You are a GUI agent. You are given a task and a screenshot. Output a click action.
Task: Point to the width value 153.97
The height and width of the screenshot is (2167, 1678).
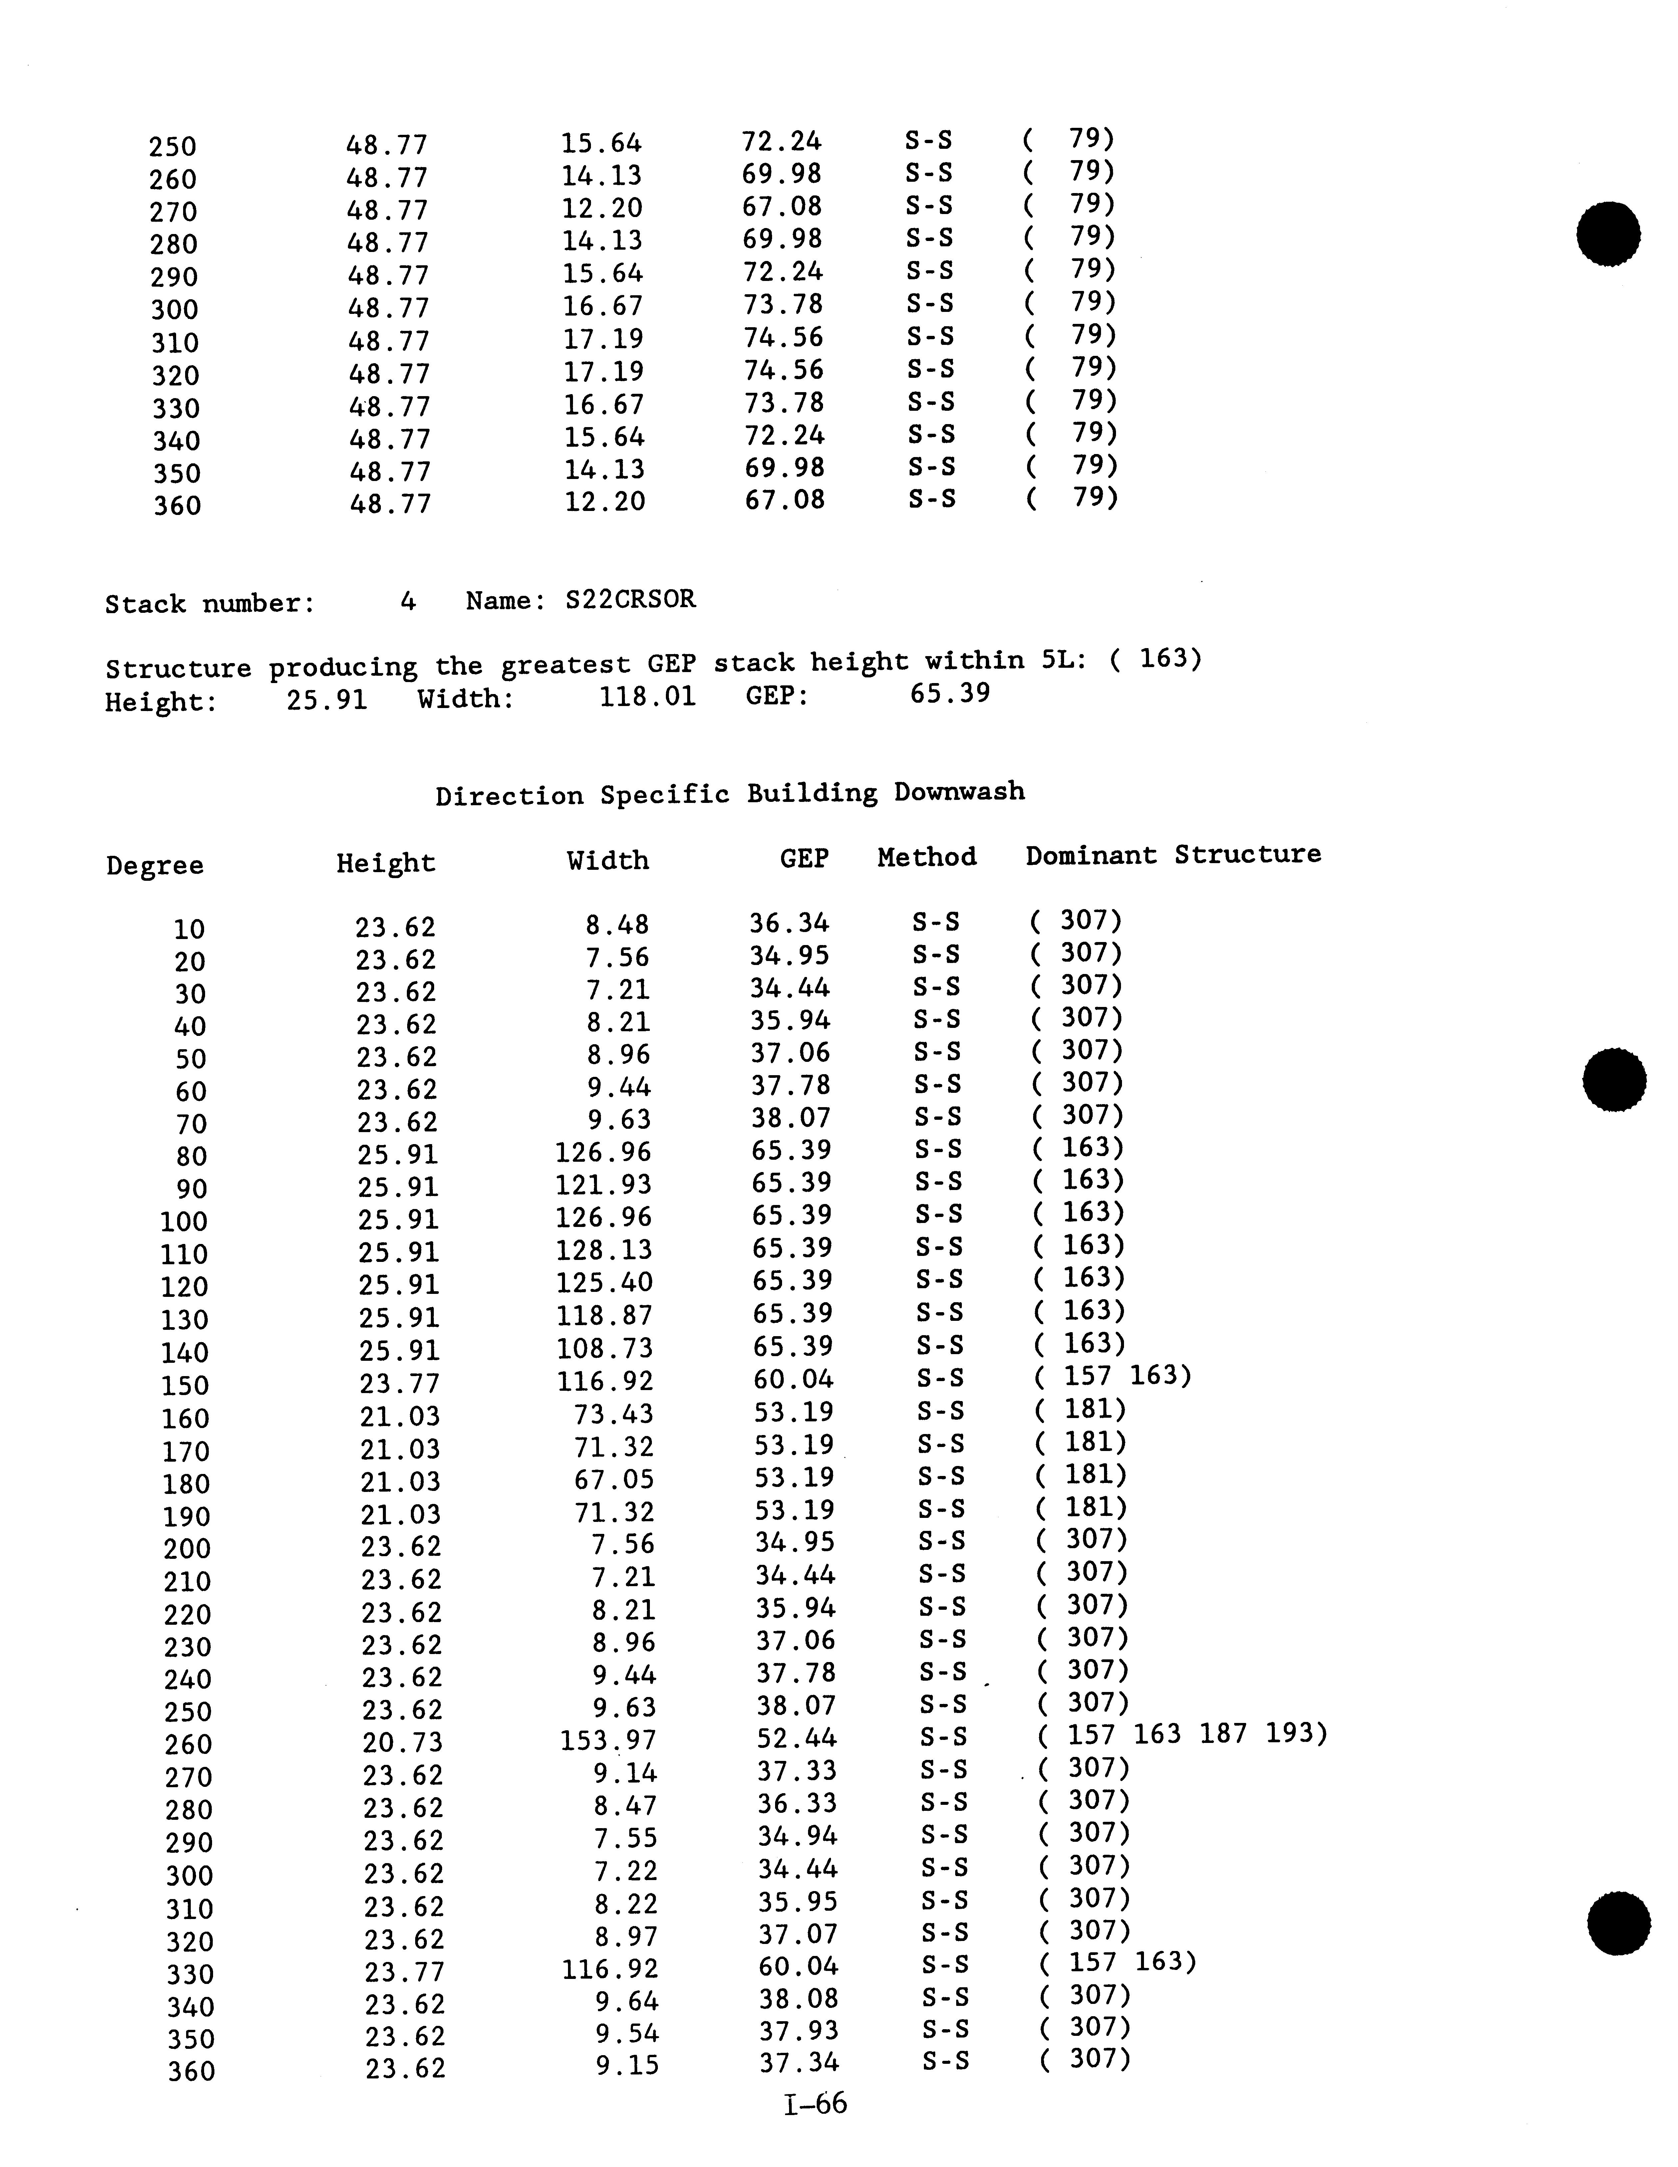tap(607, 1740)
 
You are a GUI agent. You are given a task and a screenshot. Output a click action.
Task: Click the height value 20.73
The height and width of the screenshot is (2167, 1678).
tap(402, 1742)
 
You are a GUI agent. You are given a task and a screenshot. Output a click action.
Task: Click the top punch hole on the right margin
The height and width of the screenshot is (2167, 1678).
tap(1608, 234)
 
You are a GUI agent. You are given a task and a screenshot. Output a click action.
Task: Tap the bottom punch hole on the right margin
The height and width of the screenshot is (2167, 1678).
tap(1618, 1923)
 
